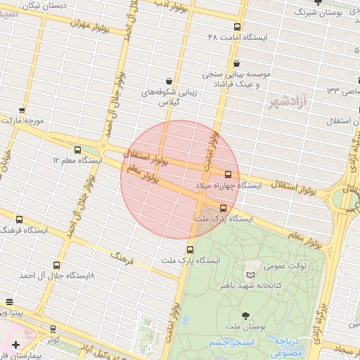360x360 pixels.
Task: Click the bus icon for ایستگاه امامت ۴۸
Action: [x=236, y=28]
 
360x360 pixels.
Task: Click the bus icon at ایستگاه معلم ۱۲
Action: [x=77, y=150]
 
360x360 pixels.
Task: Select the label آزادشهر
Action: [x=289, y=103]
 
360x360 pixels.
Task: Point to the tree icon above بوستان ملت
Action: [x=245, y=316]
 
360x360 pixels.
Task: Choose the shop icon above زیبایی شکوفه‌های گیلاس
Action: [x=169, y=82]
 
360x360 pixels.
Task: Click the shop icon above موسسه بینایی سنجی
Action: [x=237, y=64]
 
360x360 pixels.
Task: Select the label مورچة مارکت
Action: [x=25, y=121]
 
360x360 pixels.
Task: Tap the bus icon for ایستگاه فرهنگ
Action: [x=19, y=219]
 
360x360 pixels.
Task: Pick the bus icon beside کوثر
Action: [x=53, y=329]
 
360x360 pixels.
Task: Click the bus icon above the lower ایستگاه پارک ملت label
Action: [x=190, y=250]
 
